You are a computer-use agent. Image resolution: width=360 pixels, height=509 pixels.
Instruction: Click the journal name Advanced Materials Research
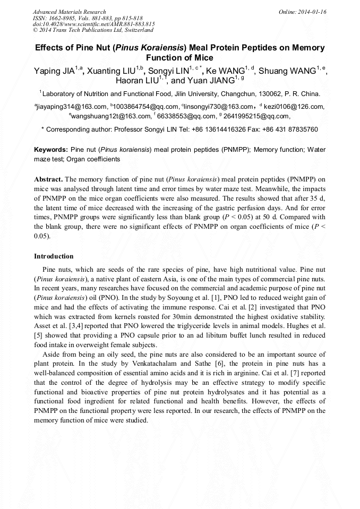click(69, 12)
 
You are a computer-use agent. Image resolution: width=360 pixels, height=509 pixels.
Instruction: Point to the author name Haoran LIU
click(138, 81)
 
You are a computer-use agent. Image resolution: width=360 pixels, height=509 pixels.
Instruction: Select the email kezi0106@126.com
click(294, 107)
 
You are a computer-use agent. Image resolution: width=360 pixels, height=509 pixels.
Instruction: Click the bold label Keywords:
click(51, 150)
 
